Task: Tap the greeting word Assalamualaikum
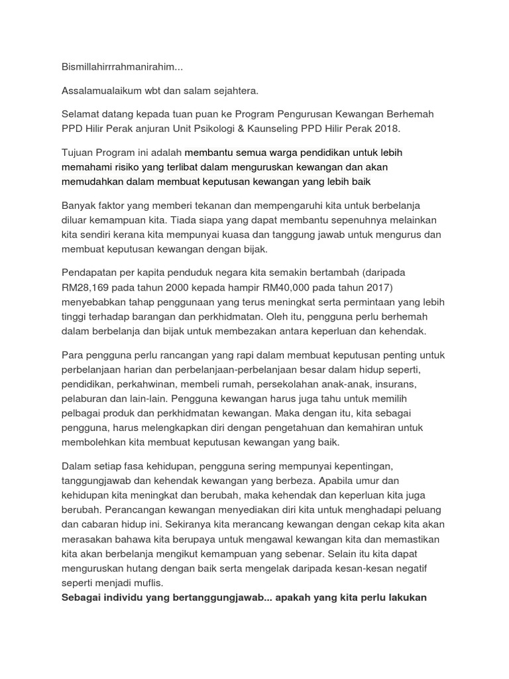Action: (x=101, y=90)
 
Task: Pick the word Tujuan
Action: (x=78, y=153)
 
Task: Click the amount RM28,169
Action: (x=88, y=287)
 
